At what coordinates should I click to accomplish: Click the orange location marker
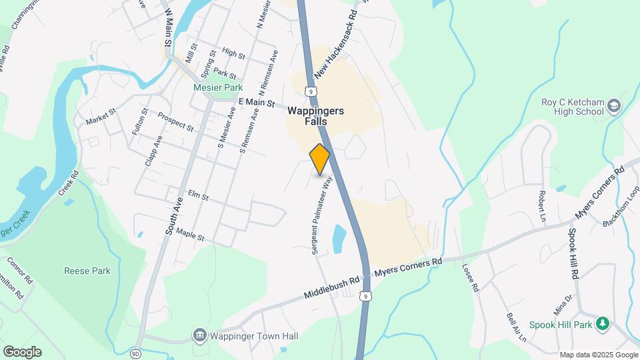point(320,159)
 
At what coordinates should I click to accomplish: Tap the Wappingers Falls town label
point(316,117)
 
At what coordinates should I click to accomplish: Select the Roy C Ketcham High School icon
point(613,105)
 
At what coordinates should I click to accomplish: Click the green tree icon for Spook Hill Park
point(603,324)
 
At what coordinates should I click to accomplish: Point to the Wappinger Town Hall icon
point(199,335)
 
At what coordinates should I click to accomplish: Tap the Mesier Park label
point(218,87)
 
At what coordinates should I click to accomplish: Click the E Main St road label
point(257,103)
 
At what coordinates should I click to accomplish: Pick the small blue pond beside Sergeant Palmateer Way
point(339,239)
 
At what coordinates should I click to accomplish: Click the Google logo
point(22,351)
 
